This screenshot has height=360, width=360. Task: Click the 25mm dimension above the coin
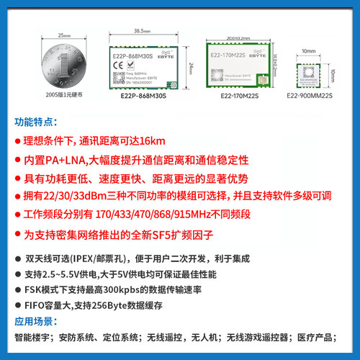(x=63, y=33)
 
